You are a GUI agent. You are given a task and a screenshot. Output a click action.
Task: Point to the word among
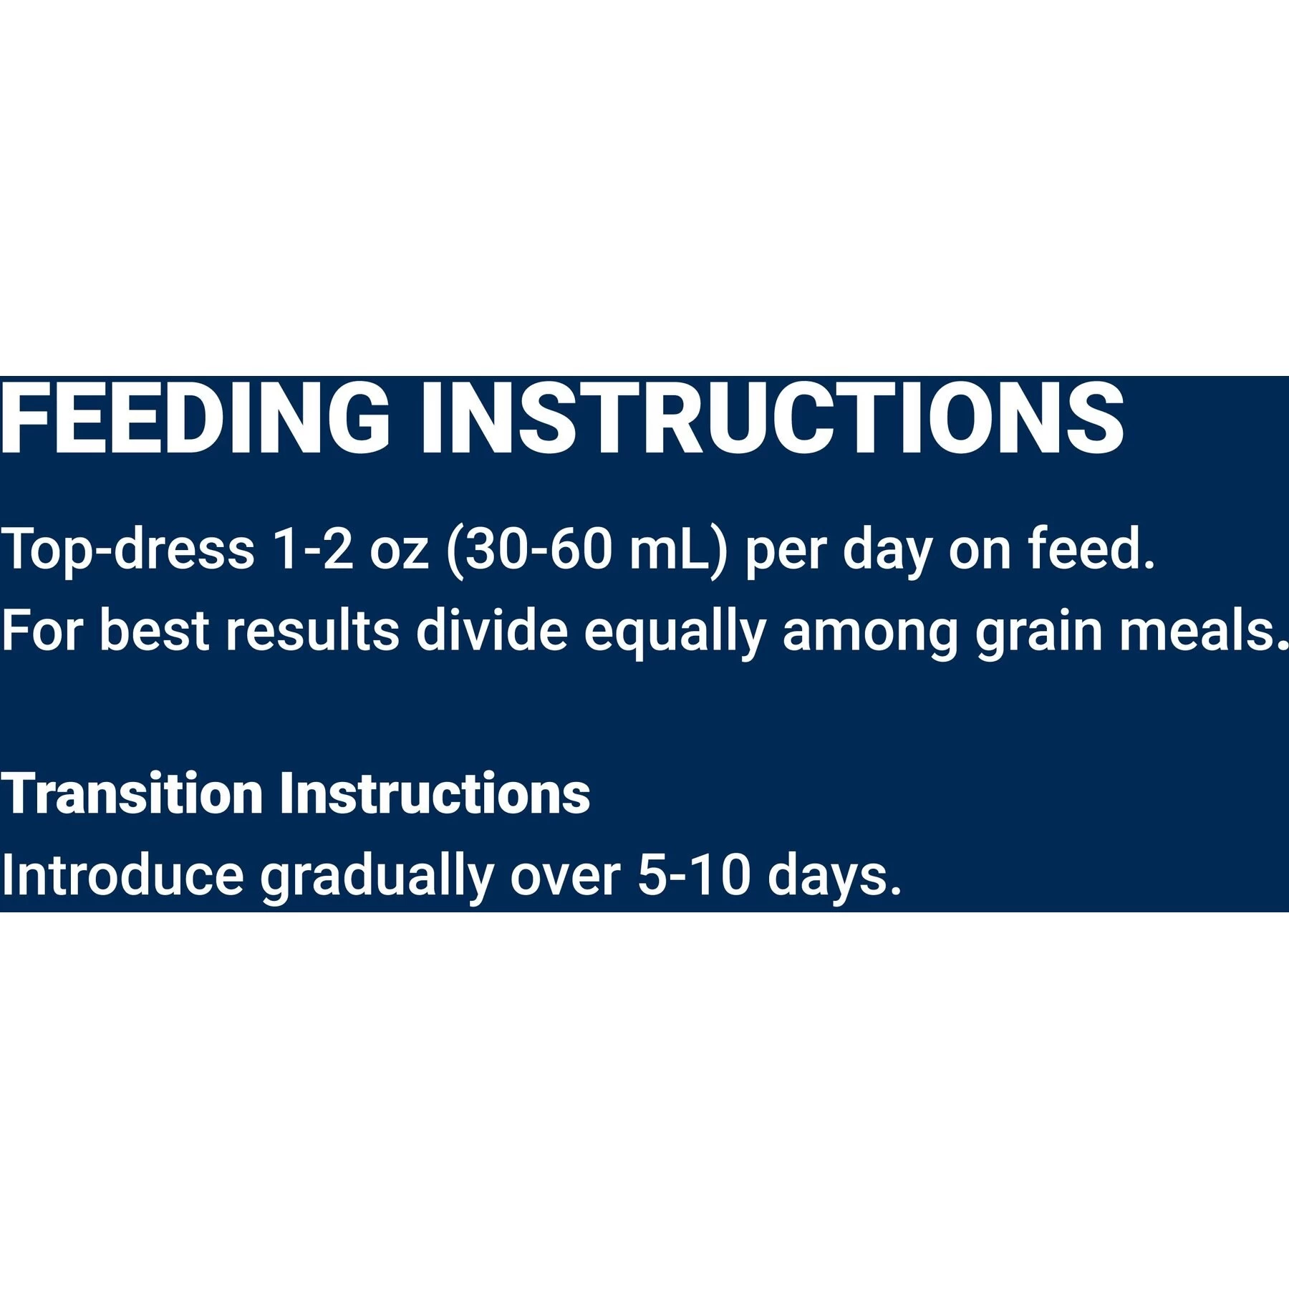[870, 634]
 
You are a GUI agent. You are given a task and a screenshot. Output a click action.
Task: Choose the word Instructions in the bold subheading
[435, 793]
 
